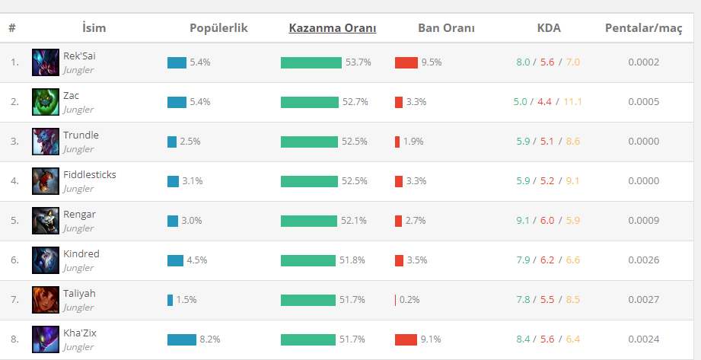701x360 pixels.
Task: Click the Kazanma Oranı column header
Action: coord(332,27)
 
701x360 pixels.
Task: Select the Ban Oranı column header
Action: coord(446,27)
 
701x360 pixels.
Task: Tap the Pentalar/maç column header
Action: coord(643,28)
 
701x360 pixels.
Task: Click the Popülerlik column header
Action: coord(218,28)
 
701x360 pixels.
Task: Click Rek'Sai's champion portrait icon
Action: coord(46,62)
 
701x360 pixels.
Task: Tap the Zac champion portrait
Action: coord(46,102)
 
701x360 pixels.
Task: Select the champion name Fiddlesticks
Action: coord(89,175)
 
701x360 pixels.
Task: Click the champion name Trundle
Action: coord(81,135)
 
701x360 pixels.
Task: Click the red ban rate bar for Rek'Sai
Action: coord(406,62)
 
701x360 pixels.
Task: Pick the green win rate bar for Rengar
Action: coord(309,221)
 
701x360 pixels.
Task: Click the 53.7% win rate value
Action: coord(358,62)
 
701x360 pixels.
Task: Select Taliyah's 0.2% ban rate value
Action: coord(409,300)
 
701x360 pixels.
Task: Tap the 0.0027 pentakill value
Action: coord(643,300)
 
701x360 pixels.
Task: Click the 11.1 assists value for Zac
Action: coord(572,102)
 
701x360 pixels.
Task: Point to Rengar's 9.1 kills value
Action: coord(523,221)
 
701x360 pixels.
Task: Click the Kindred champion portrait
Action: coord(46,260)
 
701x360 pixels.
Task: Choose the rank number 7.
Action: coord(14,300)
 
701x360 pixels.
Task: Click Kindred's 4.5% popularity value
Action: coord(196,260)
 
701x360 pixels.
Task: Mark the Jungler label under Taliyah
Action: coord(78,307)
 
